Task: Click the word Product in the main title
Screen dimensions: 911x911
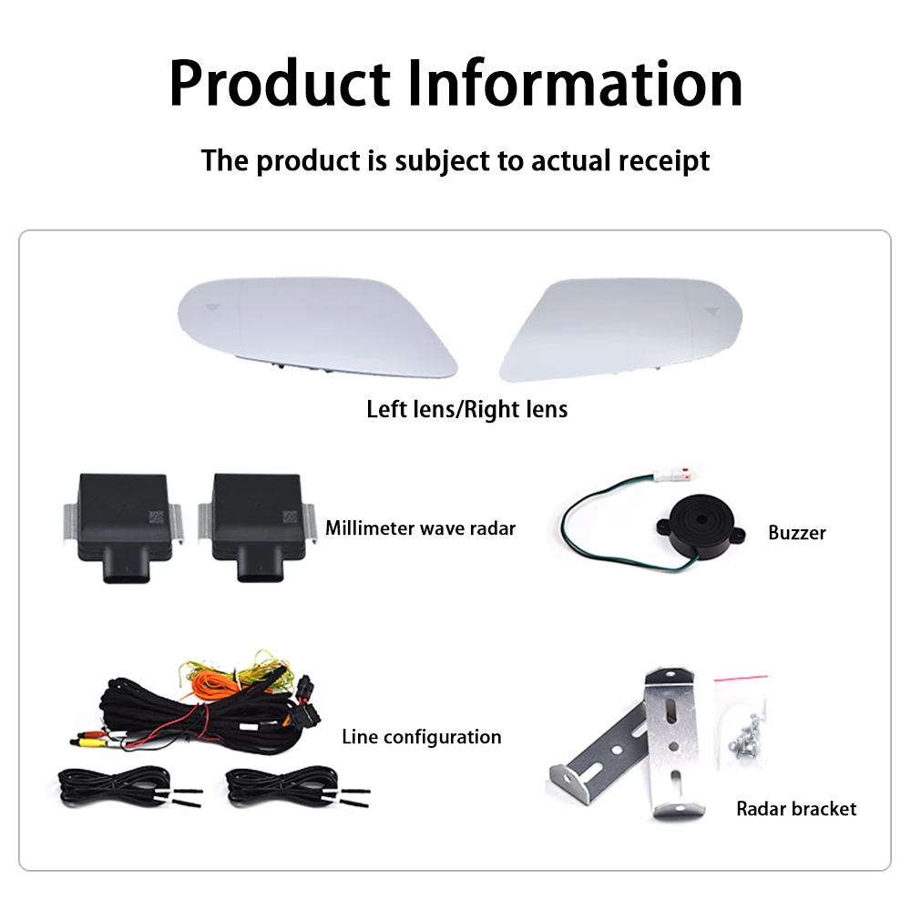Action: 280,83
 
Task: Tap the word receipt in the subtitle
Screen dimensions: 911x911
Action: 663,160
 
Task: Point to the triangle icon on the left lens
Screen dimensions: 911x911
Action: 212,308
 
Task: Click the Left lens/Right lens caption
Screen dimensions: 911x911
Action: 466,409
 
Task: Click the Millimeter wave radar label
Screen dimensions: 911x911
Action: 420,527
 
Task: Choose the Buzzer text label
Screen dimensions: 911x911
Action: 796,532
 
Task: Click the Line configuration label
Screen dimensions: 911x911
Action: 421,736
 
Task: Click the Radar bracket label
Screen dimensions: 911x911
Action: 796,808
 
